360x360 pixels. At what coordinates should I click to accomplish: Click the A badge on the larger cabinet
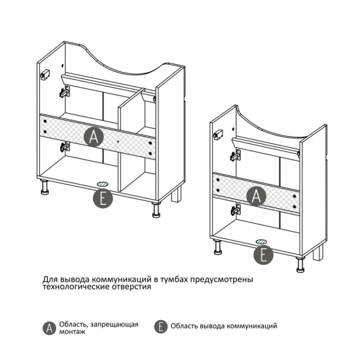93,137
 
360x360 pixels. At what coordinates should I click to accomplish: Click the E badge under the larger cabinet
103,198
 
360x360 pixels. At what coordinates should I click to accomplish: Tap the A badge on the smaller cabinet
256,196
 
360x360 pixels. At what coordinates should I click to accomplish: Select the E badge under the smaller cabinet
263,255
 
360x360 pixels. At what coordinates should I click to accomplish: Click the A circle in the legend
49,328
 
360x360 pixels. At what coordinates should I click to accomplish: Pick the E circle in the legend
161,326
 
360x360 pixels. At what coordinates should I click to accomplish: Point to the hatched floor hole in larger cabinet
103,184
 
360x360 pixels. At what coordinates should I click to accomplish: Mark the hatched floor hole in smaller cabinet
262,242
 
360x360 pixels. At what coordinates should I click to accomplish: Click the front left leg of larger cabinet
45,187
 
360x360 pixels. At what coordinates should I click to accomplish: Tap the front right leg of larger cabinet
156,209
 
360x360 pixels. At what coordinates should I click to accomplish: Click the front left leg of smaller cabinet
217,247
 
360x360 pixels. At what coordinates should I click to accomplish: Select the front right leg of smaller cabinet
300,264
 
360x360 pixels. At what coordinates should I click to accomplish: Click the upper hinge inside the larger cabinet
65,92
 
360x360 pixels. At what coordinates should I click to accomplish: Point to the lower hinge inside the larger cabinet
65,147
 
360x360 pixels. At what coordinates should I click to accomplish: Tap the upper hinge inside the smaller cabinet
236,154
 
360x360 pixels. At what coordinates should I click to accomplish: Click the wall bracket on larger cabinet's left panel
45,75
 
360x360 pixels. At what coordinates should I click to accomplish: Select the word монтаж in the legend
72,332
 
